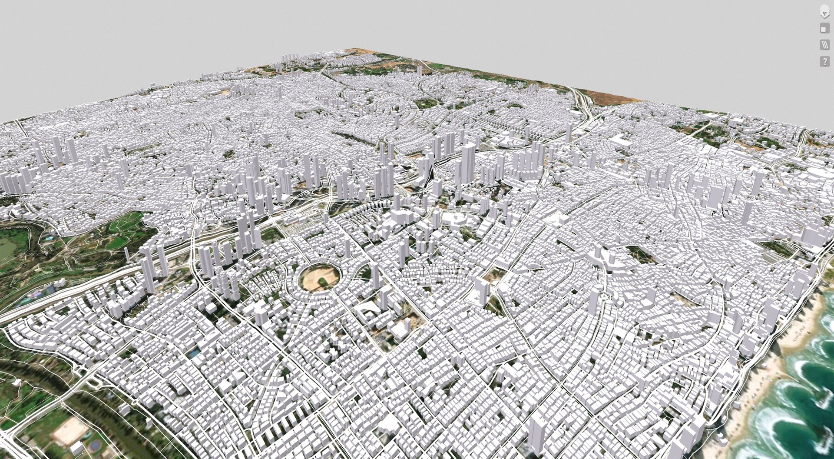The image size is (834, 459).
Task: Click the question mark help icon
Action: [x=824, y=61]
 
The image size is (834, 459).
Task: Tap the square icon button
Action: [x=824, y=29]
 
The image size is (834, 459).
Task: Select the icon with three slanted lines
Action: [x=824, y=45]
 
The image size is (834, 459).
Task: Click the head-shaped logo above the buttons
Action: [x=824, y=12]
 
